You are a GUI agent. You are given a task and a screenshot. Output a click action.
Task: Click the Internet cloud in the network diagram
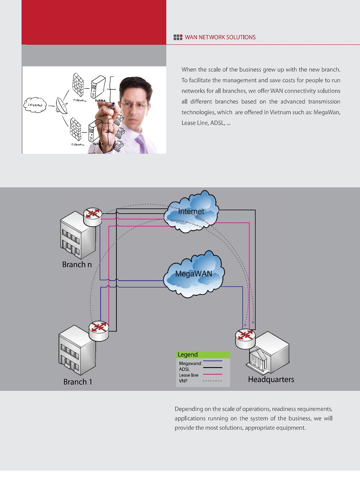pyautogui.click(x=191, y=211)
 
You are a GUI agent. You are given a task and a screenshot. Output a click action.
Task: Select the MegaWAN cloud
pyautogui.click(x=194, y=274)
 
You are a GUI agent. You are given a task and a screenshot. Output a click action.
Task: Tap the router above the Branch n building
pyautogui.click(x=92, y=217)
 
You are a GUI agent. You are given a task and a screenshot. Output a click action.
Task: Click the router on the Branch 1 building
pyautogui.click(x=99, y=331)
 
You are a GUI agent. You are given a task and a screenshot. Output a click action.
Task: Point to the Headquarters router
pyautogui.click(x=245, y=339)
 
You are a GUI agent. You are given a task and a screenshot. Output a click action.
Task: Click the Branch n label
pyautogui.click(x=77, y=264)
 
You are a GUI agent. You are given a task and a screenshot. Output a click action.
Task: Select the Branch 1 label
pyautogui.click(x=78, y=382)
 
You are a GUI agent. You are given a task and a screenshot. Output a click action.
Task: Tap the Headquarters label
pyautogui.click(x=271, y=379)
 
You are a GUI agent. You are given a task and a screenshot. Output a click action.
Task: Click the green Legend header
pyautogui.click(x=203, y=355)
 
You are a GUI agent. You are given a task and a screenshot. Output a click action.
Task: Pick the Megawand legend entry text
pyautogui.click(x=190, y=363)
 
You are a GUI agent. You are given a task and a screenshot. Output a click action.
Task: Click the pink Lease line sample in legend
pyautogui.click(x=212, y=374)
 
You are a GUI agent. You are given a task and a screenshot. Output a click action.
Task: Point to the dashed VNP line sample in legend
pyautogui.click(x=212, y=381)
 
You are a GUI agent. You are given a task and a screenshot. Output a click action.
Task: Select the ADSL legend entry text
pyautogui.click(x=184, y=369)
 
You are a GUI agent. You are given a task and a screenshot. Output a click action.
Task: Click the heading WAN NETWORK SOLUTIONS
pyautogui.click(x=220, y=37)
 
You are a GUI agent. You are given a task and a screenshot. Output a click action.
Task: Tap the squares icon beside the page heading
pyautogui.click(x=178, y=37)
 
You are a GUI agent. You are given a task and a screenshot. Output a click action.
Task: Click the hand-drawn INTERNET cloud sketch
pyautogui.click(x=35, y=105)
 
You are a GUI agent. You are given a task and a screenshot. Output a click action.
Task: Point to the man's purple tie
pyautogui.click(x=141, y=143)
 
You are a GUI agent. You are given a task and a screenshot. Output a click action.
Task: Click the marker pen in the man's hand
pyautogui.click(x=112, y=105)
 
